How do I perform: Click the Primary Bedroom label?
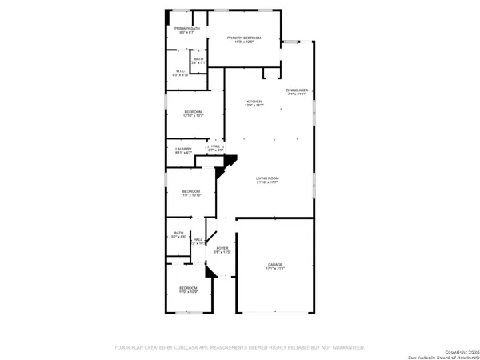(x=245, y=40)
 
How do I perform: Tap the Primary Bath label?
(x=187, y=31)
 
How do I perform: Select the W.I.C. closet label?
(x=181, y=73)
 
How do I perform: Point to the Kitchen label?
(x=254, y=104)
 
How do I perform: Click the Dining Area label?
(x=297, y=92)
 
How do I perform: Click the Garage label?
(x=275, y=266)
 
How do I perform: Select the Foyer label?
(x=222, y=250)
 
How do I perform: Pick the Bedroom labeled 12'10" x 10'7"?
(x=193, y=114)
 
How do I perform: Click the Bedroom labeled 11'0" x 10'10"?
(x=190, y=193)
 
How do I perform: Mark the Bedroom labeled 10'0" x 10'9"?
(x=188, y=290)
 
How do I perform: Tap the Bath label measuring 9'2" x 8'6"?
(x=178, y=235)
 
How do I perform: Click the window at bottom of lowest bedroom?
(x=188, y=313)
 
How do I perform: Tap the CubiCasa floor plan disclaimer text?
(x=240, y=347)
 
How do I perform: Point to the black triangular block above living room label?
(x=230, y=161)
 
